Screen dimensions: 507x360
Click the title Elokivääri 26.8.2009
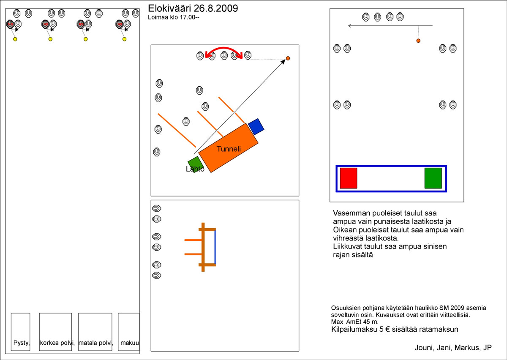[193, 8]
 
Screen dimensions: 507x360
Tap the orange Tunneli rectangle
[229, 148]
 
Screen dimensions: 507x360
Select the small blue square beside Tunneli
[256, 127]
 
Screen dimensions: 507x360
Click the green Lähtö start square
[196, 164]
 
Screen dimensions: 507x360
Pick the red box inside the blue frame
[349, 178]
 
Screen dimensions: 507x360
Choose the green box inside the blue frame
[433, 178]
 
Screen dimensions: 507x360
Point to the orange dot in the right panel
[418, 41]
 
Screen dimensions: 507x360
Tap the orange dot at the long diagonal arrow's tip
[288, 58]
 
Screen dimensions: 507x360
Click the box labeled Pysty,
[21, 332]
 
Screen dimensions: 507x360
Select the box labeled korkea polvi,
[55, 332]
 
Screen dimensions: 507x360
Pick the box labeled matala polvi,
[95, 332]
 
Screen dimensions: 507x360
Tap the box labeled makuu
[128, 332]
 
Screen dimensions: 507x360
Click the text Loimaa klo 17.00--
[174, 17]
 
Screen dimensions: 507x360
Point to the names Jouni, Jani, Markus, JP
[453, 348]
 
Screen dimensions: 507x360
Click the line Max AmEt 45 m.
[354, 322]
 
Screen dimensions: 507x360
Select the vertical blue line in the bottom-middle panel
[215, 247]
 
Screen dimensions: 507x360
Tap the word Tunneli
[229, 149]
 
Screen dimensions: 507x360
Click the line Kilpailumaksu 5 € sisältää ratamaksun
[395, 329]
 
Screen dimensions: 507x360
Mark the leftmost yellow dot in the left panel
[15, 39]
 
